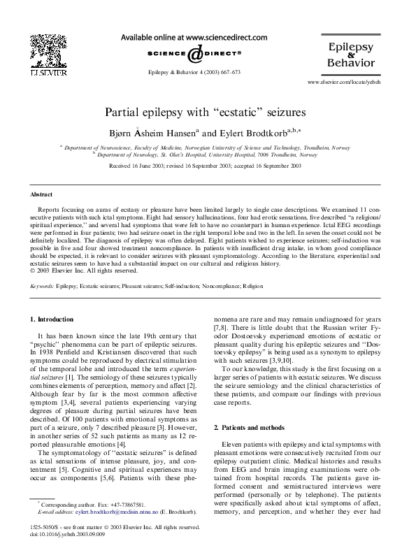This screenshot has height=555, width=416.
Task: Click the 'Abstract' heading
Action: click(x=42, y=194)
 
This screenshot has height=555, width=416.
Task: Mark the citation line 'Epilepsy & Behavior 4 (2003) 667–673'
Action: click(x=195, y=72)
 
